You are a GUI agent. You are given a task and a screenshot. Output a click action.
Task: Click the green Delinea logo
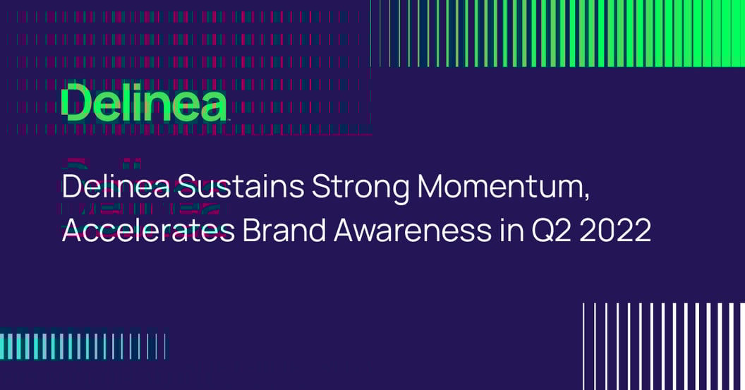tap(144, 104)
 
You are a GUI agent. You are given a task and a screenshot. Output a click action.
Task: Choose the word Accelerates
tap(148, 230)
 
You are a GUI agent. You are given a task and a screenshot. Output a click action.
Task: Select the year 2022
tap(619, 230)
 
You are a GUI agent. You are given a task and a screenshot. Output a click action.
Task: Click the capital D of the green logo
tap(75, 104)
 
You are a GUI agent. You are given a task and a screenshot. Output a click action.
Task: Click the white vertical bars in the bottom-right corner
tap(663, 346)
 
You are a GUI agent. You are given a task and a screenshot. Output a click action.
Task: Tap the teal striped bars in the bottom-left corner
tap(81, 346)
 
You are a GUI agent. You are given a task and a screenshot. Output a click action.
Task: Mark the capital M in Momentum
tap(432, 188)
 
